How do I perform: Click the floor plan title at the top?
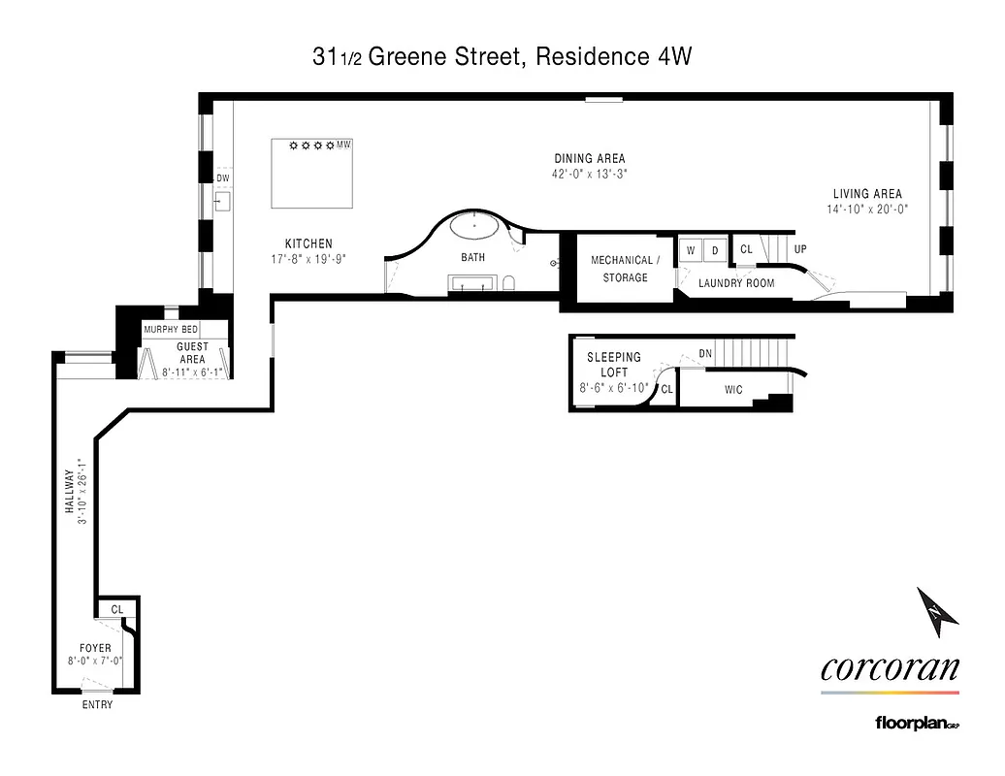click(x=502, y=57)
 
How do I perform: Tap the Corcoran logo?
click(x=890, y=668)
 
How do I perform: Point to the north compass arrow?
click(x=937, y=608)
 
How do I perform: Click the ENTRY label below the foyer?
click(x=97, y=705)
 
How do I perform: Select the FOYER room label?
click(x=95, y=648)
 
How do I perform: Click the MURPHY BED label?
click(x=171, y=330)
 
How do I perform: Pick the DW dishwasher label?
click(x=223, y=178)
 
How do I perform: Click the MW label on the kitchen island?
click(x=343, y=145)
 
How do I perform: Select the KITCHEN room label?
click(x=308, y=244)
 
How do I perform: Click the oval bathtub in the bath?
click(x=473, y=231)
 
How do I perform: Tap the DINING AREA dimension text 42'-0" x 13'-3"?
click(x=590, y=176)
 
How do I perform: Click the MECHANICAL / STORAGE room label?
click(x=626, y=269)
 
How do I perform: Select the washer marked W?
click(x=691, y=250)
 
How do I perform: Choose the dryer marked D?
click(x=715, y=250)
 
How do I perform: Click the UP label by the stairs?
click(x=800, y=249)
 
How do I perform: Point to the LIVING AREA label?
click(x=867, y=194)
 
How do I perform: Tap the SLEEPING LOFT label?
click(x=614, y=365)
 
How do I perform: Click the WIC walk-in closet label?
click(x=733, y=391)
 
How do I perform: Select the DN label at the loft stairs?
click(x=705, y=354)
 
